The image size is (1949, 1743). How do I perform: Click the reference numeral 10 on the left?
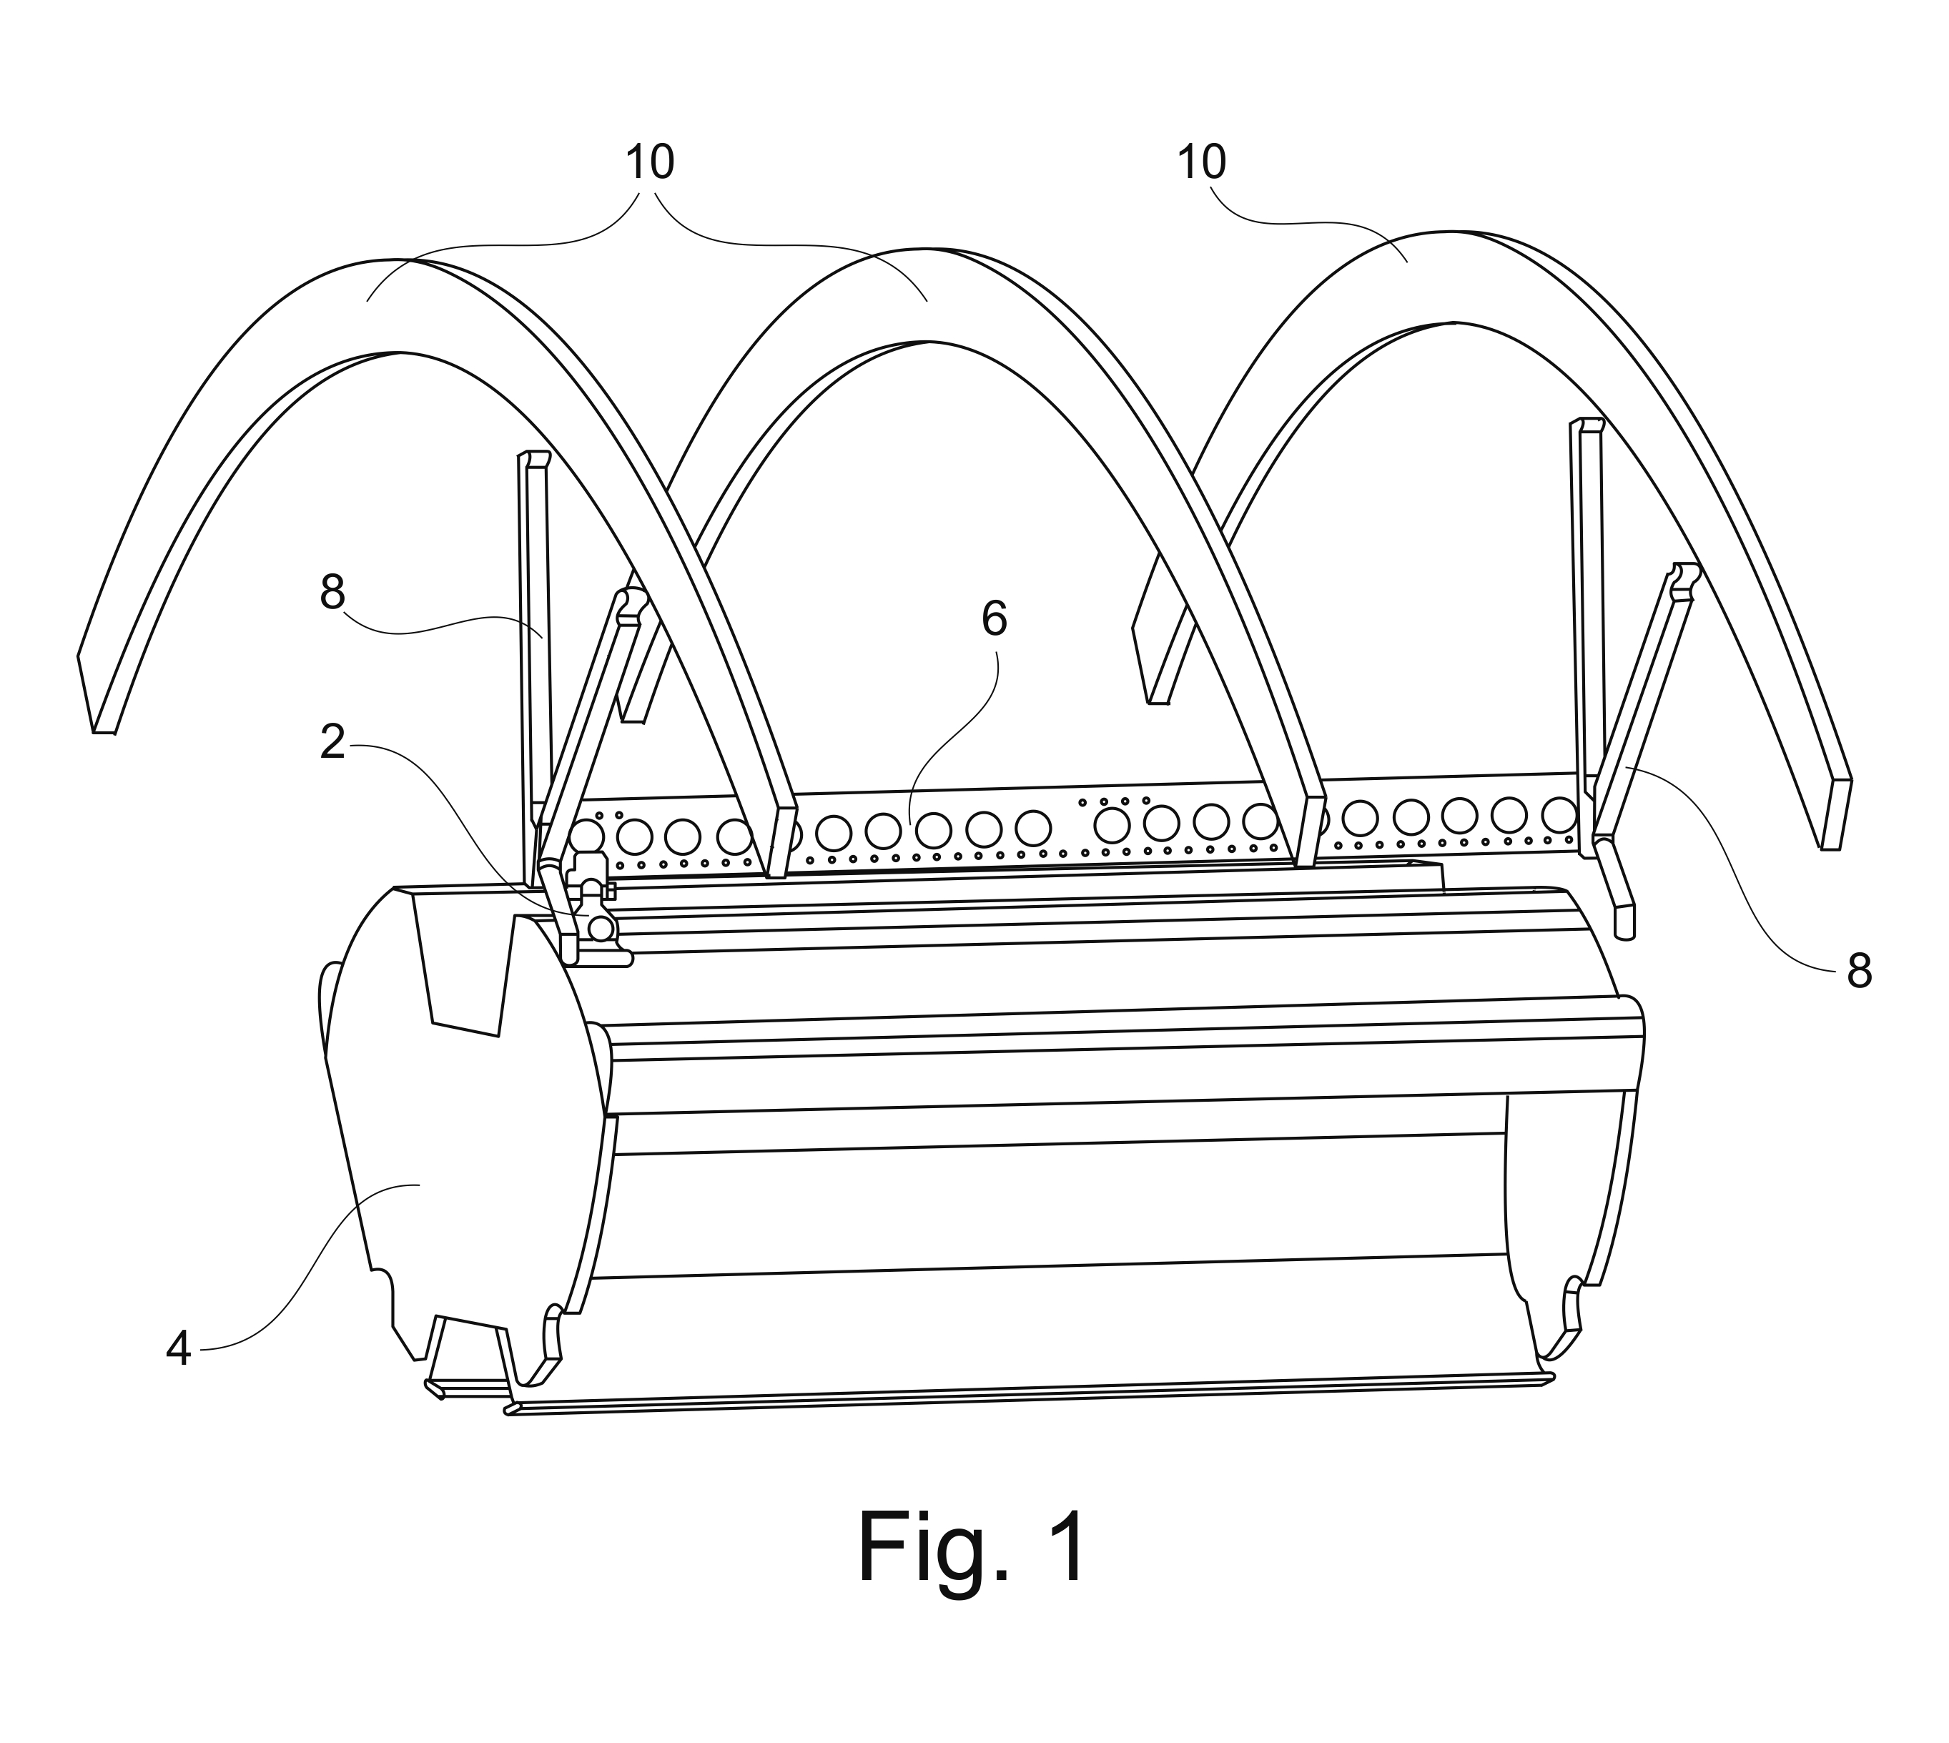coord(649,163)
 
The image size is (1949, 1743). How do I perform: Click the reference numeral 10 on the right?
coord(1201,163)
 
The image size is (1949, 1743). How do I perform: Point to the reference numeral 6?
coord(994,620)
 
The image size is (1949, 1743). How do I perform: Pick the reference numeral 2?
coord(332,742)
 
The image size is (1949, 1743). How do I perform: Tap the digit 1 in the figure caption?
coord(1068,1549)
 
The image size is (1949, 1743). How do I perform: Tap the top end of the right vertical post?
coord(1586,424)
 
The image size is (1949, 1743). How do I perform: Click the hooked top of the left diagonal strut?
coord(632,603)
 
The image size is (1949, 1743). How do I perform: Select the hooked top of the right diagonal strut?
coord(1684,578)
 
